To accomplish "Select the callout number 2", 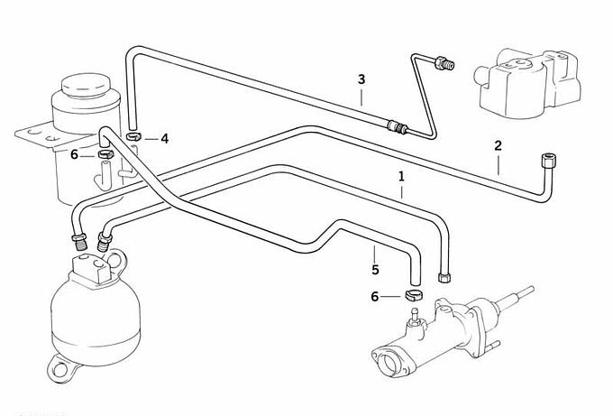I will [498, 145].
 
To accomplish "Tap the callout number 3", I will [361, 79].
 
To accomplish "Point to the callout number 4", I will [164, 138].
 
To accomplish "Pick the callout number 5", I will [375, 269].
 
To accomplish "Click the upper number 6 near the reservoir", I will [74, 154].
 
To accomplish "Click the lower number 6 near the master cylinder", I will [375, 296].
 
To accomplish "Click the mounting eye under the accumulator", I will [62, 367].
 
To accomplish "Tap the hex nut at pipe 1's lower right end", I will [443, 275].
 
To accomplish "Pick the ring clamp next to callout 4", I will [134, 136].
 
